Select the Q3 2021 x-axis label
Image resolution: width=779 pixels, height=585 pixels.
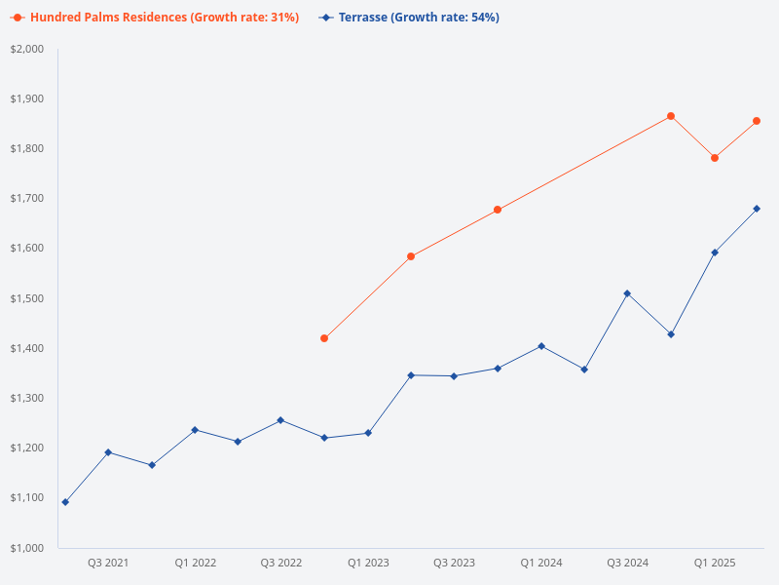[x=108, y=564]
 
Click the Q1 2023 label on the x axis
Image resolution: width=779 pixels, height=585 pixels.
[x=368, y=564]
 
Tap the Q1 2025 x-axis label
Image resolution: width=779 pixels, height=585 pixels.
[x=715, y=564]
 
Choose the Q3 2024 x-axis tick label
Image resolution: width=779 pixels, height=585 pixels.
[x=628, y=564]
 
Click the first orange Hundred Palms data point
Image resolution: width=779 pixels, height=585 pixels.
[x=324, y=338]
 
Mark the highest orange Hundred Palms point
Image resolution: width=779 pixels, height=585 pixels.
[x=671, y=116]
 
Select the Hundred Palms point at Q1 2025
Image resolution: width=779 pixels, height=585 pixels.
[x=715, y=158]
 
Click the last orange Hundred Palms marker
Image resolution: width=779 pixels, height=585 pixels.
[x=757, y=121]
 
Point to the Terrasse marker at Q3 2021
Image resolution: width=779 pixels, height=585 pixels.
[x=108, y=452]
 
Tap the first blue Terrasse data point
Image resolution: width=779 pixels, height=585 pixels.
[x=65, y=502]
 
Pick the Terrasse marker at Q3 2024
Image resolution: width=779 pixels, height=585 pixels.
[x=627, y=293]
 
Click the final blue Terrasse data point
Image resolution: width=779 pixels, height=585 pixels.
[x=757, y=209]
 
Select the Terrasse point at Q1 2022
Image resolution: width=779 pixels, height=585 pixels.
[x=195, y=430]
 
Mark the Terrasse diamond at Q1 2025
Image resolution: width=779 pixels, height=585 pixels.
[x=715, y=253]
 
